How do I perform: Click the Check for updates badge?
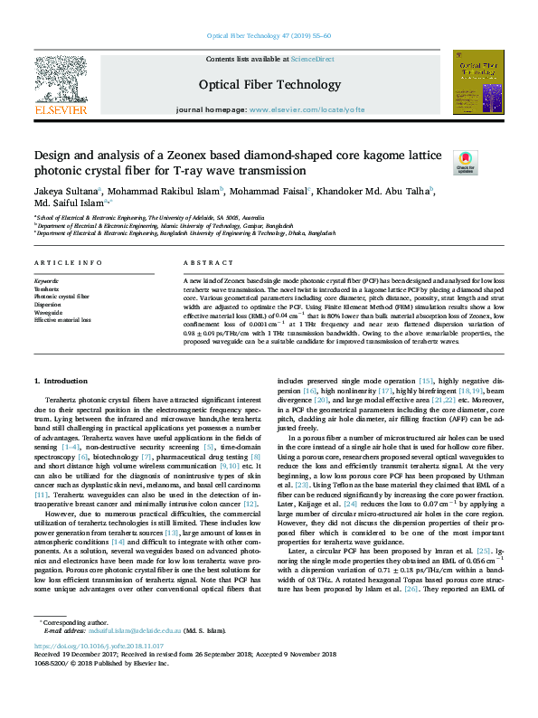coord(464,162)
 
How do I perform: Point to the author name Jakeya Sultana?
coord(65,191)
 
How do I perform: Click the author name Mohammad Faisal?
coord(276,191)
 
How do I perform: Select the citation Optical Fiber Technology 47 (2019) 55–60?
coord(269,35)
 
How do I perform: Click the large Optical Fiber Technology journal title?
coord(269,84)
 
